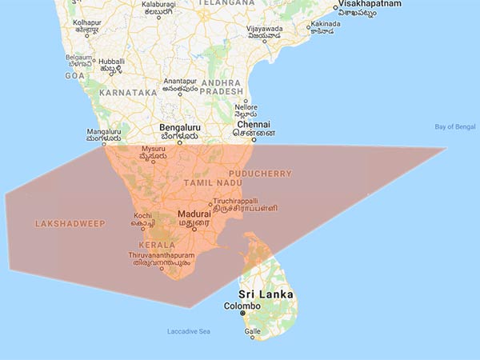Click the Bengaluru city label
pos(180,127)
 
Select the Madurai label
pos(194,214)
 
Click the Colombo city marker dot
pos(242,314)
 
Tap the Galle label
pos(252,331)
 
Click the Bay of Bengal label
pos(454,126)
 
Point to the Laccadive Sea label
pos(188,331)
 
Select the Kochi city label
pos(143,215)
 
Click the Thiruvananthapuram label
pos(162,254)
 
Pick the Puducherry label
pos(260,173)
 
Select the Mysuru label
pos(152,150)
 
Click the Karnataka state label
pos(127,93)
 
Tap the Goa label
pos(74,74)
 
